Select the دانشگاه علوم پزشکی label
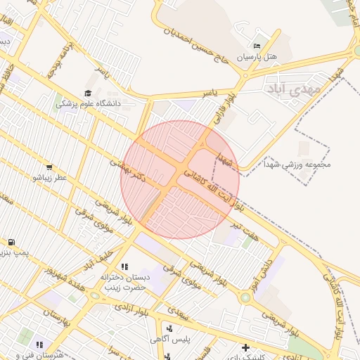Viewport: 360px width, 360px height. tap(89, 103)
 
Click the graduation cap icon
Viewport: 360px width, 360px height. tap(88, 94)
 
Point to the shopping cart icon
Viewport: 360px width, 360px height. tap(49, 167)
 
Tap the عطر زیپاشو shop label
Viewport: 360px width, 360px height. tap(49, 178)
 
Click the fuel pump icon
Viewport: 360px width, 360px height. tap(13, 242)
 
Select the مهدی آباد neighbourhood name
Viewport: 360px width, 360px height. tap(293, 89)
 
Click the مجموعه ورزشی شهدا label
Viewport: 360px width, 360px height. tap(305, 165)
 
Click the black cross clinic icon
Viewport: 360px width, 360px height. tap(245, 347)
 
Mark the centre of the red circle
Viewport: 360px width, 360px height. tap(180, 180)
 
